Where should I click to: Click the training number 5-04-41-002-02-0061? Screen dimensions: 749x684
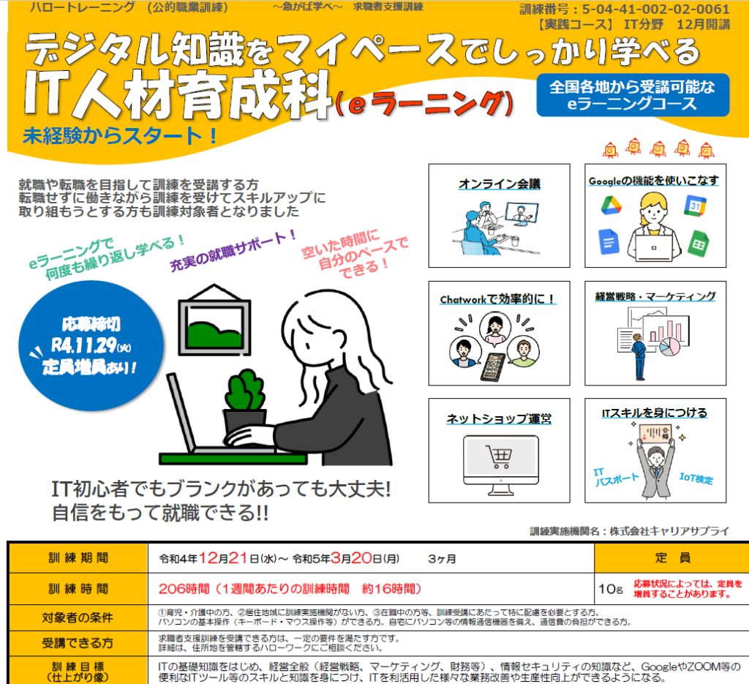tap(655, 10)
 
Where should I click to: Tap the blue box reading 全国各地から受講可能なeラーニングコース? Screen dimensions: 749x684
tap(633, 95)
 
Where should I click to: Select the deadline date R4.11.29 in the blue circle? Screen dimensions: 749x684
tap(84, 345)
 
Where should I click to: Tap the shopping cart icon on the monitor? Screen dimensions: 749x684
tap(499, 456)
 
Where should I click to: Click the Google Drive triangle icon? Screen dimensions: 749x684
tap(611, 205)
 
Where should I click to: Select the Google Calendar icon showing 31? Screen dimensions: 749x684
tap(695, 206)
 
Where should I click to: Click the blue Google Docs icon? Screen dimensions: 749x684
tap(609, 241)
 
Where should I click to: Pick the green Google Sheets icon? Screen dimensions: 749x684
tap(699, 244)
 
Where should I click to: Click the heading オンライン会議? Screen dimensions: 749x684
tap(499, 184)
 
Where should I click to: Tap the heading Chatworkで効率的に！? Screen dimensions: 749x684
tap(497, 299)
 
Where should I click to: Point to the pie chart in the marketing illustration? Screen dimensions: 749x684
tap(670, 346)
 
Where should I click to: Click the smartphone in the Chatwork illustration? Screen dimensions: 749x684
tap(492, 367)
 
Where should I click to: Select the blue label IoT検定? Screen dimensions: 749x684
tap(696, 478)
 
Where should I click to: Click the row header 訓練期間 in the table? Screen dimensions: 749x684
tap(78, 558)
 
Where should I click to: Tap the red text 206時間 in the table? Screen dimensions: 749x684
tap(184, 588)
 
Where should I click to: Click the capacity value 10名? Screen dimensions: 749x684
tap(611, 589)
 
